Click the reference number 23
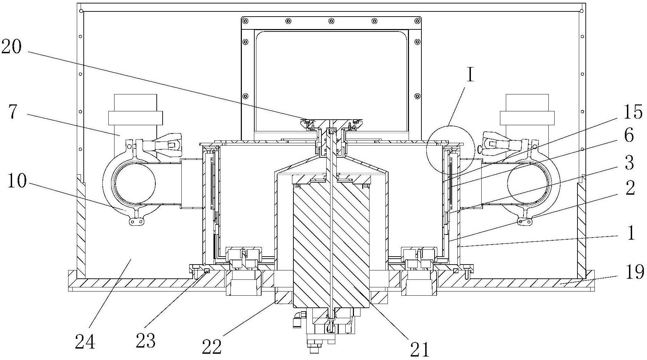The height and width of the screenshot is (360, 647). click(145, 340)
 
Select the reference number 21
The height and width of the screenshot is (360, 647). click(419, 349)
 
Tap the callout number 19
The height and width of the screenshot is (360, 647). click(634, 272)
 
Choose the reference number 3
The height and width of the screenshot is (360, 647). click(629, 163)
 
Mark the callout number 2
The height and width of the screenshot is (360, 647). click(630, 188)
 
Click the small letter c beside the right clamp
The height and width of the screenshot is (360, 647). click(480, 149)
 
